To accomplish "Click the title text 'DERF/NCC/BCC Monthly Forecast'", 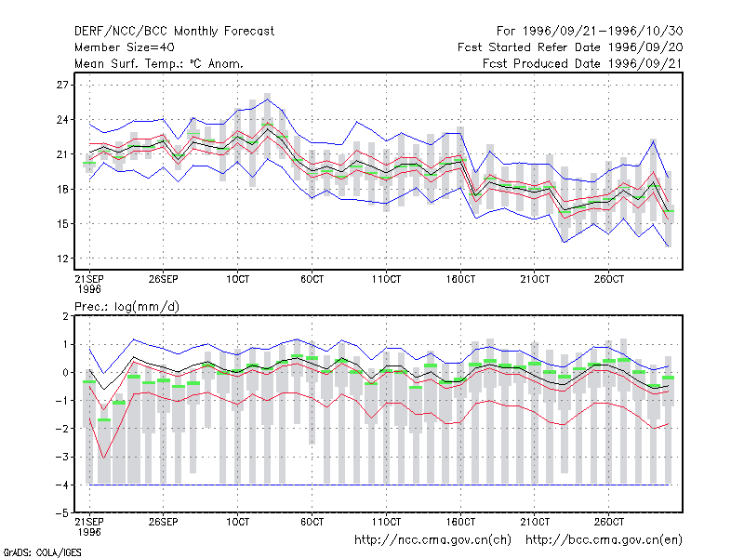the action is [174, 32].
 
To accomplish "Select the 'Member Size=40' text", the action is [125, 47].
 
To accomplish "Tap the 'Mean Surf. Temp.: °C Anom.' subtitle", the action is [159, 63].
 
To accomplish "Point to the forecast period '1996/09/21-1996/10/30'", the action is [603, 32].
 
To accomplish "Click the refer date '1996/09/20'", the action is [645, 47].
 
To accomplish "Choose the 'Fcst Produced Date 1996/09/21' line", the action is [583, 63].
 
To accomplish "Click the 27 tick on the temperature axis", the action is [62, 85].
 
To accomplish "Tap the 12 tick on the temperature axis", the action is [62, 259].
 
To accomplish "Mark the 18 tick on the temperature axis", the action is [62, 190].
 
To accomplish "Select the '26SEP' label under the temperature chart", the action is [164, 279].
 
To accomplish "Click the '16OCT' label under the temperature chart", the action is [460, 279].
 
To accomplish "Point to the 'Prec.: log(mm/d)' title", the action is [126, 307].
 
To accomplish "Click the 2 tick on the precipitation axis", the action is [65, 316].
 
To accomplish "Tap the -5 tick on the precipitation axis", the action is [62, 513].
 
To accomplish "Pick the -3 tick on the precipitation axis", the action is [62, 457].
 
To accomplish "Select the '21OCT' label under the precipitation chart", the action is [535, 522].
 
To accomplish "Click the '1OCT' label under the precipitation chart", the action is [237, 522].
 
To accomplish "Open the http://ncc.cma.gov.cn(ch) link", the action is [433, 540].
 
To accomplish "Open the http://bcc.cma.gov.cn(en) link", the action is [604, 540].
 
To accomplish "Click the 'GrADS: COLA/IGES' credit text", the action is [42, 552].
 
